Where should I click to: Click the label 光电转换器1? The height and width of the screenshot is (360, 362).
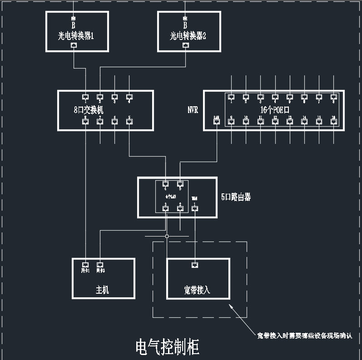(76, 36)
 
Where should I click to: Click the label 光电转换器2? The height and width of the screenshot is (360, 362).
(188, 36)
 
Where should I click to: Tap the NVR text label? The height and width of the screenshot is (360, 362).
(193, 110)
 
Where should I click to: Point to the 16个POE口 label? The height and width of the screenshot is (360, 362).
(275, 110)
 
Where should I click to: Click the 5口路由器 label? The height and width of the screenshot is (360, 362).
(236, 197)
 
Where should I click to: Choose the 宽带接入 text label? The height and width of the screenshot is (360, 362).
(197, 290)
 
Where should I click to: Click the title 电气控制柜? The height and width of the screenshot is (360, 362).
(167, 347)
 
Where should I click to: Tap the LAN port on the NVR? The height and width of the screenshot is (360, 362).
(217, 121)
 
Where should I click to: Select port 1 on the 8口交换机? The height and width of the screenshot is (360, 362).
(85, 97)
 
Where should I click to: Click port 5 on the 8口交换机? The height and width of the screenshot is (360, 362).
(129, 121)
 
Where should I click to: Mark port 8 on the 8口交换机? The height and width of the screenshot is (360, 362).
(85, 121)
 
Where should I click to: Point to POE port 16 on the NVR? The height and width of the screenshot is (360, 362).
(334, 121)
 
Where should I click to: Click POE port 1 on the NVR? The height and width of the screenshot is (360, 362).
(231, 97)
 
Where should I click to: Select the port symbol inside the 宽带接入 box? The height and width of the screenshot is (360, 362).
(195, 264)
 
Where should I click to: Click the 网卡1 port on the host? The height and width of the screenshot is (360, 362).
(85, 264)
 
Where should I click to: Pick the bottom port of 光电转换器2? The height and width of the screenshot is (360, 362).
(185, 45)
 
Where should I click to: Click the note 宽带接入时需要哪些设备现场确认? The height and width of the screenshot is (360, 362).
(304, 336)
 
